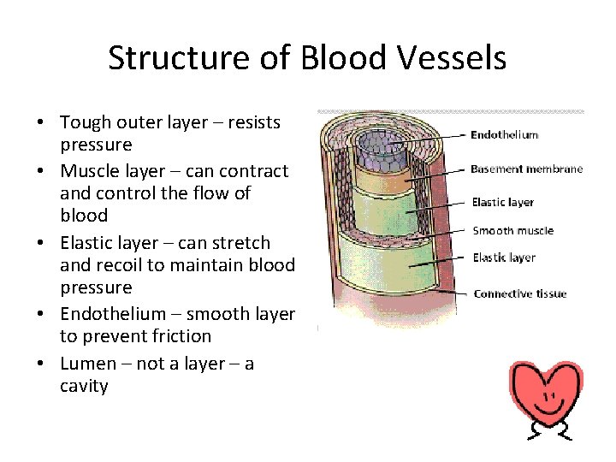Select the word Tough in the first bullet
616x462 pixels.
pos(86,122)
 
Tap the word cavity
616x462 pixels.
pos(84,386)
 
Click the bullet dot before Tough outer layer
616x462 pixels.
pos(40,123)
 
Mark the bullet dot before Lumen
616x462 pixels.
pos(40,364)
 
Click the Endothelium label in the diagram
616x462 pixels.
pos(504,134)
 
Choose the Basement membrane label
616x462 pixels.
pos(526,169)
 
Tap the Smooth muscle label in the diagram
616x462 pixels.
pos(512,230)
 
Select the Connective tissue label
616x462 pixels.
pos(519,293)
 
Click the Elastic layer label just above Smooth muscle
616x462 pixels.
pos(502,202)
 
